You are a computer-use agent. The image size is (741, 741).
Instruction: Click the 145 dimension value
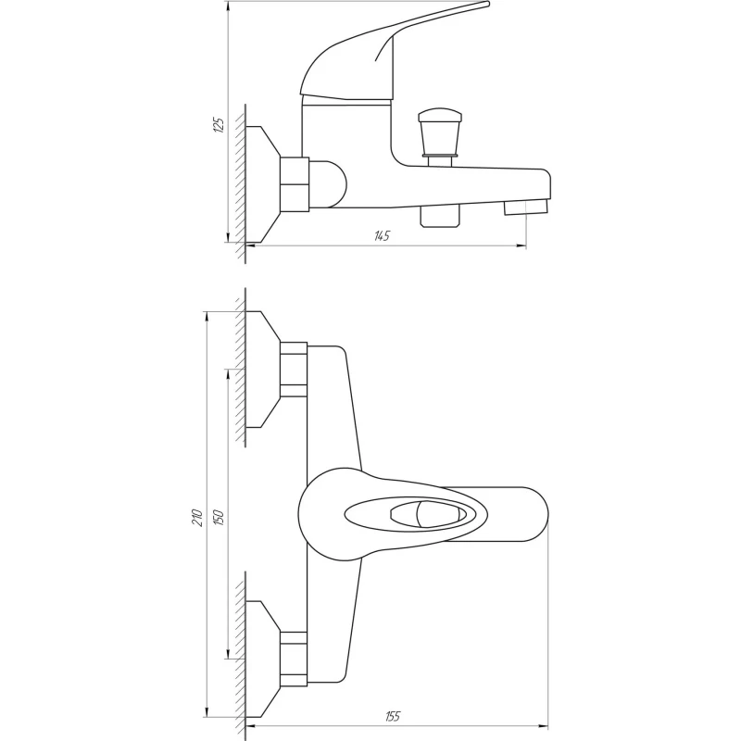point(381,236)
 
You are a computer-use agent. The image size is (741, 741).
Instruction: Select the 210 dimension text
point(197,518)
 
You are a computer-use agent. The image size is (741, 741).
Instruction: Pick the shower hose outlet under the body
point(440,216)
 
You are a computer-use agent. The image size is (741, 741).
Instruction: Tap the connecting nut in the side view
point(294,183)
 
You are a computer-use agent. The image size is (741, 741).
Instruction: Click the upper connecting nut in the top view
point(294,370)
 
